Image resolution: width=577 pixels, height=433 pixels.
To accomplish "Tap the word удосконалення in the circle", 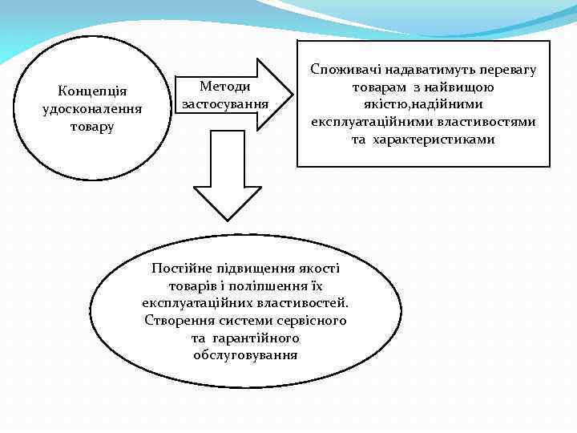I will point(92,108).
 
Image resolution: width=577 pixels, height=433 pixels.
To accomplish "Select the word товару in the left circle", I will point(92,126).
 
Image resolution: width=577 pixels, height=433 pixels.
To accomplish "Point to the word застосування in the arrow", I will point(224,104).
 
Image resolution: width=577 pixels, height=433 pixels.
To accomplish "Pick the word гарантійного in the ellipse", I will point(254,338).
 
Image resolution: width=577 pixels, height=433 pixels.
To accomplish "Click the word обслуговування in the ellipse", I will point(245,355).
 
